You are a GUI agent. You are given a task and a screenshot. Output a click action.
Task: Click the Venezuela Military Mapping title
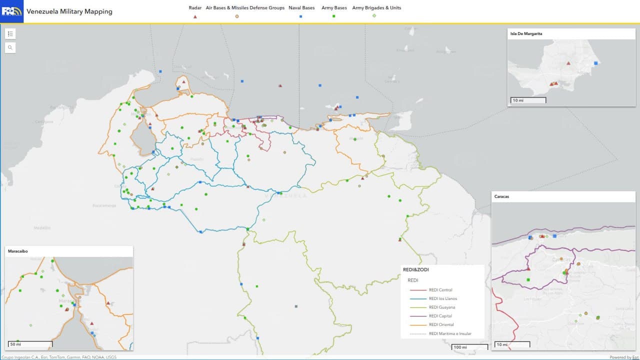(69, 11)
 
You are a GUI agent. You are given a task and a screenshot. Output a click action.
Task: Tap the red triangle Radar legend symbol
(195, 16)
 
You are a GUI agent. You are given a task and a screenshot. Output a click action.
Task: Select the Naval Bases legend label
(301, 8)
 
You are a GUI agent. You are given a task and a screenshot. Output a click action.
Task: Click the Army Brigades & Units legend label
(376, 8)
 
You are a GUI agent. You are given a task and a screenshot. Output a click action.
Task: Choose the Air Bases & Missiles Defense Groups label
(245, 8)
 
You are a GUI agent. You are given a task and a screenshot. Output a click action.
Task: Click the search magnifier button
(10, 47)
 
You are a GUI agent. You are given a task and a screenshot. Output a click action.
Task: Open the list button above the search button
(10, 33)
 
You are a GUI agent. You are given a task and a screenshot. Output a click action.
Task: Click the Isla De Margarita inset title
(526, 34)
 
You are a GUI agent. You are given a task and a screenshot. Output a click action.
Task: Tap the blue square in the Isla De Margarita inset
(595, 63)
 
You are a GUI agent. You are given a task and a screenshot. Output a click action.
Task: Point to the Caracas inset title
(501, 196)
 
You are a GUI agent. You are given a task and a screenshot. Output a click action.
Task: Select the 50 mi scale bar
(30, 344)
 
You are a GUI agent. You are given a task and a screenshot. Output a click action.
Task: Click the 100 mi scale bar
(469, 347)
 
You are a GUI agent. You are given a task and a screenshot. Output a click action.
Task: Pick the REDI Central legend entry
(440, 290)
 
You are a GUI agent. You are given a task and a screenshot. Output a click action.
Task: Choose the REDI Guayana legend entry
(441, 307)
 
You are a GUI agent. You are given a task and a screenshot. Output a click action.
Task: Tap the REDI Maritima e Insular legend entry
(449, 333)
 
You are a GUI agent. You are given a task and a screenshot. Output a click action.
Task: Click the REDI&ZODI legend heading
(415, 269)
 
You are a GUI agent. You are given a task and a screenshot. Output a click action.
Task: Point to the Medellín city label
(42, 228)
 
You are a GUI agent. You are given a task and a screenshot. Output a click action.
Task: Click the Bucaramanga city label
(104, 205)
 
